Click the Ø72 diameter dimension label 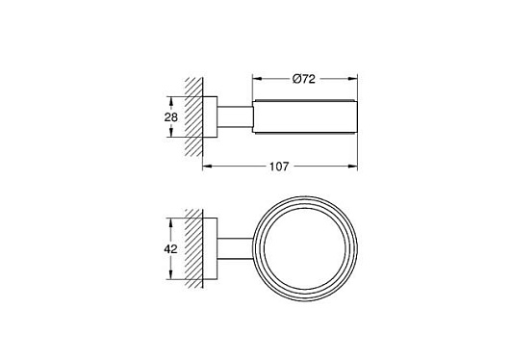(x=304, y=79)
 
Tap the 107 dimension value (x=279, y=167)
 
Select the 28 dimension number (x=170, y=116)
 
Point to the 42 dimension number (x=170, y=249)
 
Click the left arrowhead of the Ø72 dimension (x=257, y=78)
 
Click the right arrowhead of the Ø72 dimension (x=353, y=78)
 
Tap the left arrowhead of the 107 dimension (x=207, y=167)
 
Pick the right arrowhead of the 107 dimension (x=353, y=167)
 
